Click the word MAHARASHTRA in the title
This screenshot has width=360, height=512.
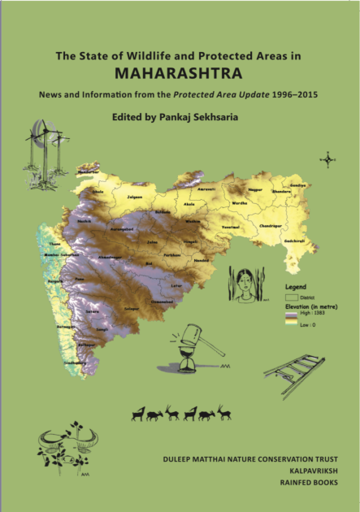pyautogui.click(x=179, y=73)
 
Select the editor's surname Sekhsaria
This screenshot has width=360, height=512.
pyautogui.click(x=222, y=117)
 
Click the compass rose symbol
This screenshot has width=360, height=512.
pyautogui.click(x=327, y=159)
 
